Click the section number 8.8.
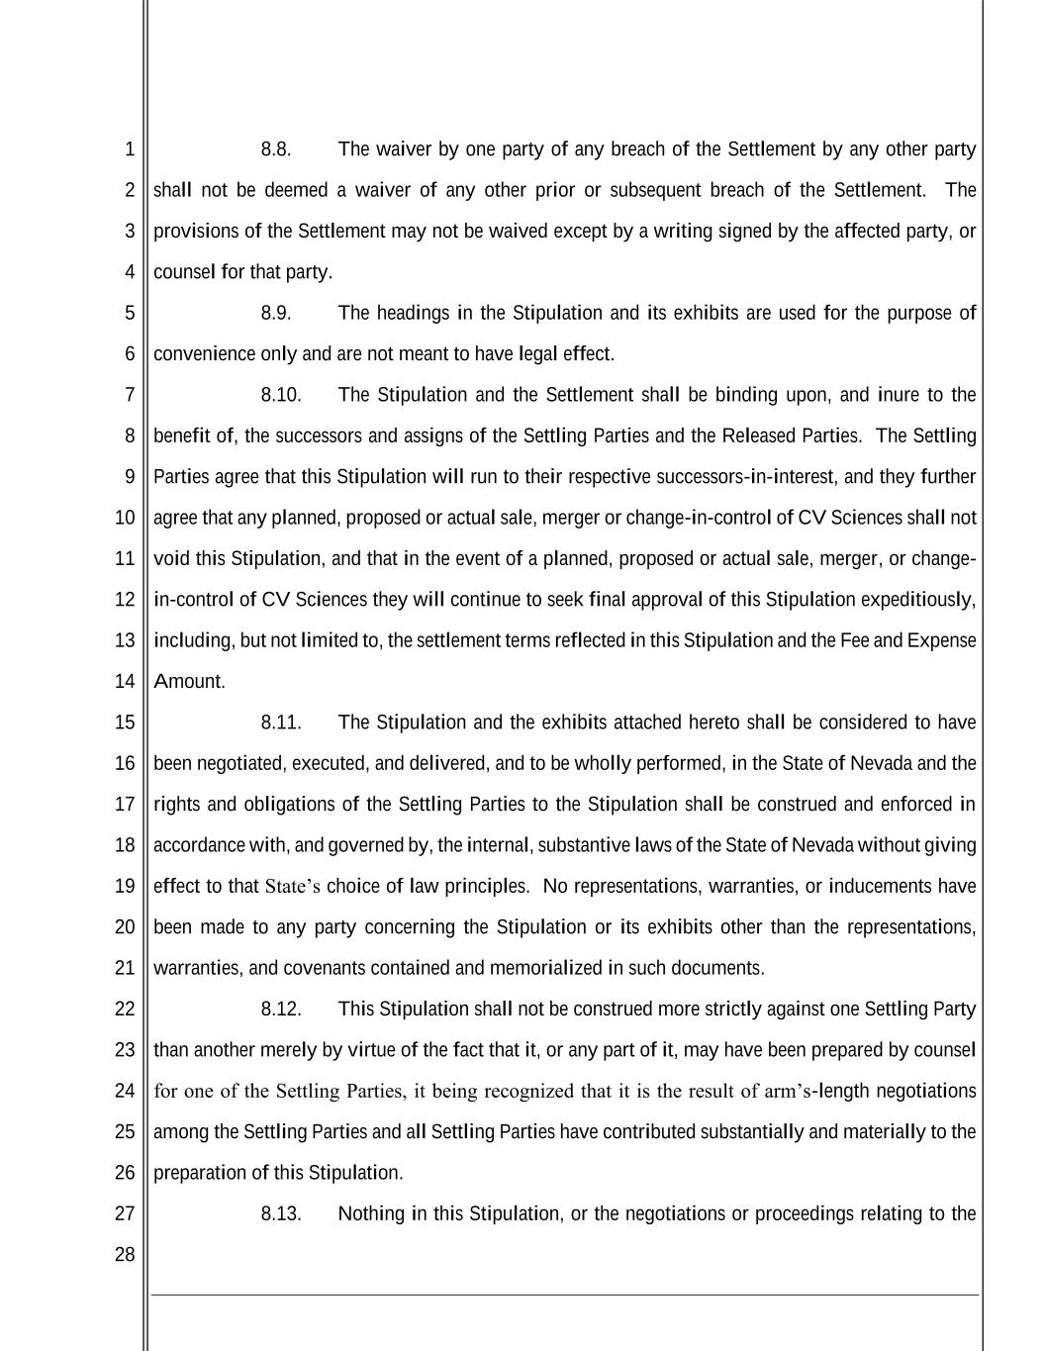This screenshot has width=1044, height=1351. [276, 149]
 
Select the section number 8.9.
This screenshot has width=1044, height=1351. [276, 314]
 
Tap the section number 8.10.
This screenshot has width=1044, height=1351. [281, 395]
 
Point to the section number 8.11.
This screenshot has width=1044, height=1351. [281, 723]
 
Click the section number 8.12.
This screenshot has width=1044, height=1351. [281, 1010]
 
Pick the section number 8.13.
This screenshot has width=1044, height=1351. [281, 1214]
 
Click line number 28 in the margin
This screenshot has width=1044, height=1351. [124, 1255]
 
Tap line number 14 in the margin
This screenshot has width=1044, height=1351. [124, 681]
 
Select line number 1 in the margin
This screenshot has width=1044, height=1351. [129, 149]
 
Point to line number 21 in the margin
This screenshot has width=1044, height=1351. [124, 968]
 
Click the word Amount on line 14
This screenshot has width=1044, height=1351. [189, 681]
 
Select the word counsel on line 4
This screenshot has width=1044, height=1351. [183, 272]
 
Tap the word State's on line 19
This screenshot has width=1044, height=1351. [293, 887]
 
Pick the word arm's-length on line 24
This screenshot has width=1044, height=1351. [817, 1092]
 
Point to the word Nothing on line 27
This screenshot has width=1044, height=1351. [371, 1214]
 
